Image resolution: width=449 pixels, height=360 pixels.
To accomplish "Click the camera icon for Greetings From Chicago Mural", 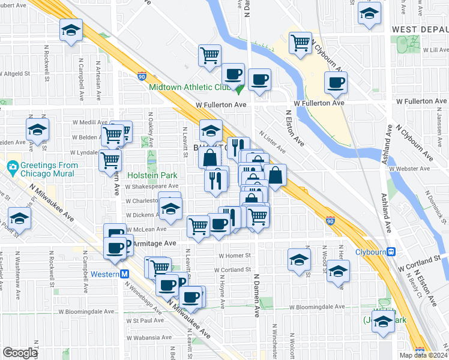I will click(x=11, y=166).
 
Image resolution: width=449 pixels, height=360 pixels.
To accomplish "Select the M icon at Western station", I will click(x=125, y=274).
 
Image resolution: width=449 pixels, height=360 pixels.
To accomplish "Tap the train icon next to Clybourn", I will click(x=391, y=252).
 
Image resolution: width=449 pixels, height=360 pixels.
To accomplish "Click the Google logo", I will click(x=20, y=353).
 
